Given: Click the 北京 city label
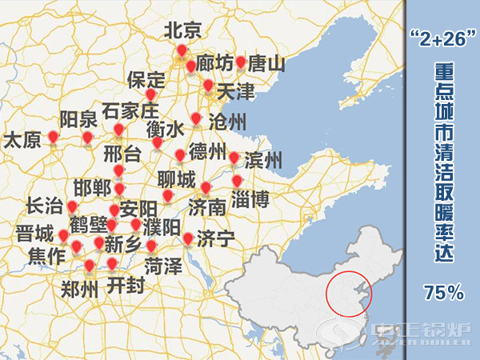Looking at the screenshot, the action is point(182,31).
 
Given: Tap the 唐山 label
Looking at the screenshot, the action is point(266,63).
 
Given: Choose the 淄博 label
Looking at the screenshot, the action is point(250,198).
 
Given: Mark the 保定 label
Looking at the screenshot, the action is point(146,80).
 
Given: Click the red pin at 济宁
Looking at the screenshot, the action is point(188,238).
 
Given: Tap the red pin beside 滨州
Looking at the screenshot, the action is point(234,158).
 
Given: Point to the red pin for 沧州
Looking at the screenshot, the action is point(196,119).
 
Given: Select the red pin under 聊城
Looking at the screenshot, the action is point(168,195).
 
